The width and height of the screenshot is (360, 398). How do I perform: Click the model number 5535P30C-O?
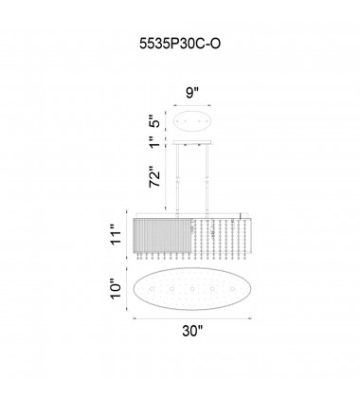pyautogui.click(x=180, y=44)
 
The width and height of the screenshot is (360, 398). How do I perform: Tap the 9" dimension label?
pyautogui.click(x=192, y=93)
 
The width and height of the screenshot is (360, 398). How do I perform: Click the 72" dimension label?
pyautogui.click(x=156, y=176)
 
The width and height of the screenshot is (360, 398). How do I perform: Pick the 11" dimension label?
pyautogui.click(x=117, y=234)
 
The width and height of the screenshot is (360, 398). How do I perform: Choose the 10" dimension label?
pyautogui.click(x=117, y=289)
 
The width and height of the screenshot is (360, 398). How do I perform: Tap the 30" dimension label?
pyautogui.click(x=192, y=331)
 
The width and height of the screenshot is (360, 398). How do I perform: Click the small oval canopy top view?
pyautogui.click(x=192, y=121)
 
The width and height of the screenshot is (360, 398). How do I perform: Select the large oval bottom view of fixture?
pyautogui.click(x=192, y=289)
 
